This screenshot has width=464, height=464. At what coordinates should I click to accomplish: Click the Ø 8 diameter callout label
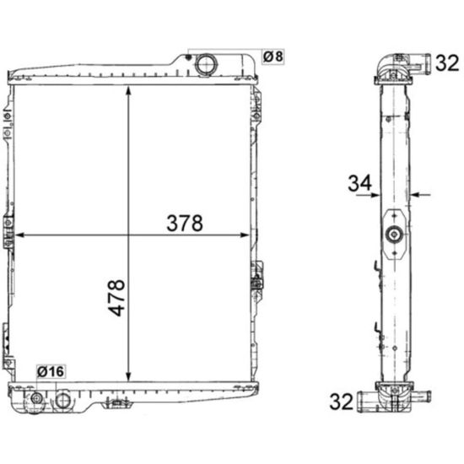click(x=273, y=57)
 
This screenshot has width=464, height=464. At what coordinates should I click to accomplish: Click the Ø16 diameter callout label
click(x=51, y=371)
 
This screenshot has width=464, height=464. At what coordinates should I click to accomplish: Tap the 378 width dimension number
click(x=185, y=223)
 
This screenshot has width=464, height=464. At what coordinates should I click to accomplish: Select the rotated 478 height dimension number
click(x=116, y=298)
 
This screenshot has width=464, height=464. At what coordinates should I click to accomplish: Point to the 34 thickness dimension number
click(x=359, y=183)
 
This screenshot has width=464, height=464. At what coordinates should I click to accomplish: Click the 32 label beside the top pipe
click(x=447, y=62)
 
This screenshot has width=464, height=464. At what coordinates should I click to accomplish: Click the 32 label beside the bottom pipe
click(x=341, y=402)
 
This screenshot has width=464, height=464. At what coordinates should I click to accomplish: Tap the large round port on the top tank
click(x=206, y=64)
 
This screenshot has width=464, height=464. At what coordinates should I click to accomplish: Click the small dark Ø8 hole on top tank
click(x=187, y=57)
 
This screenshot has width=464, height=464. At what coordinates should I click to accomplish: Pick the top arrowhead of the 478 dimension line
click(x=128, y=90)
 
